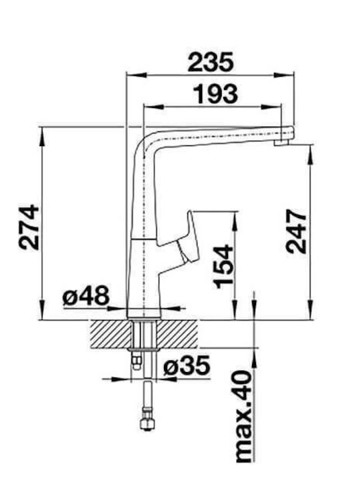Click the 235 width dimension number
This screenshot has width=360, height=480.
coord(211,62)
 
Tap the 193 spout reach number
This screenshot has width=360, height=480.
coord(215,94)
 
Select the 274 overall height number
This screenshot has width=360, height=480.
coord(29,227)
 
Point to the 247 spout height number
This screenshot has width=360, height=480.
coord(296,231)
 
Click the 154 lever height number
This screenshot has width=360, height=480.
coord(224,267)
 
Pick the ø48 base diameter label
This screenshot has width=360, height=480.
coord(86,296)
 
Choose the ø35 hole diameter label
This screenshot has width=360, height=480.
coord(187,365)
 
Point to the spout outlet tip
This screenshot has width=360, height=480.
coord(281,143)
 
